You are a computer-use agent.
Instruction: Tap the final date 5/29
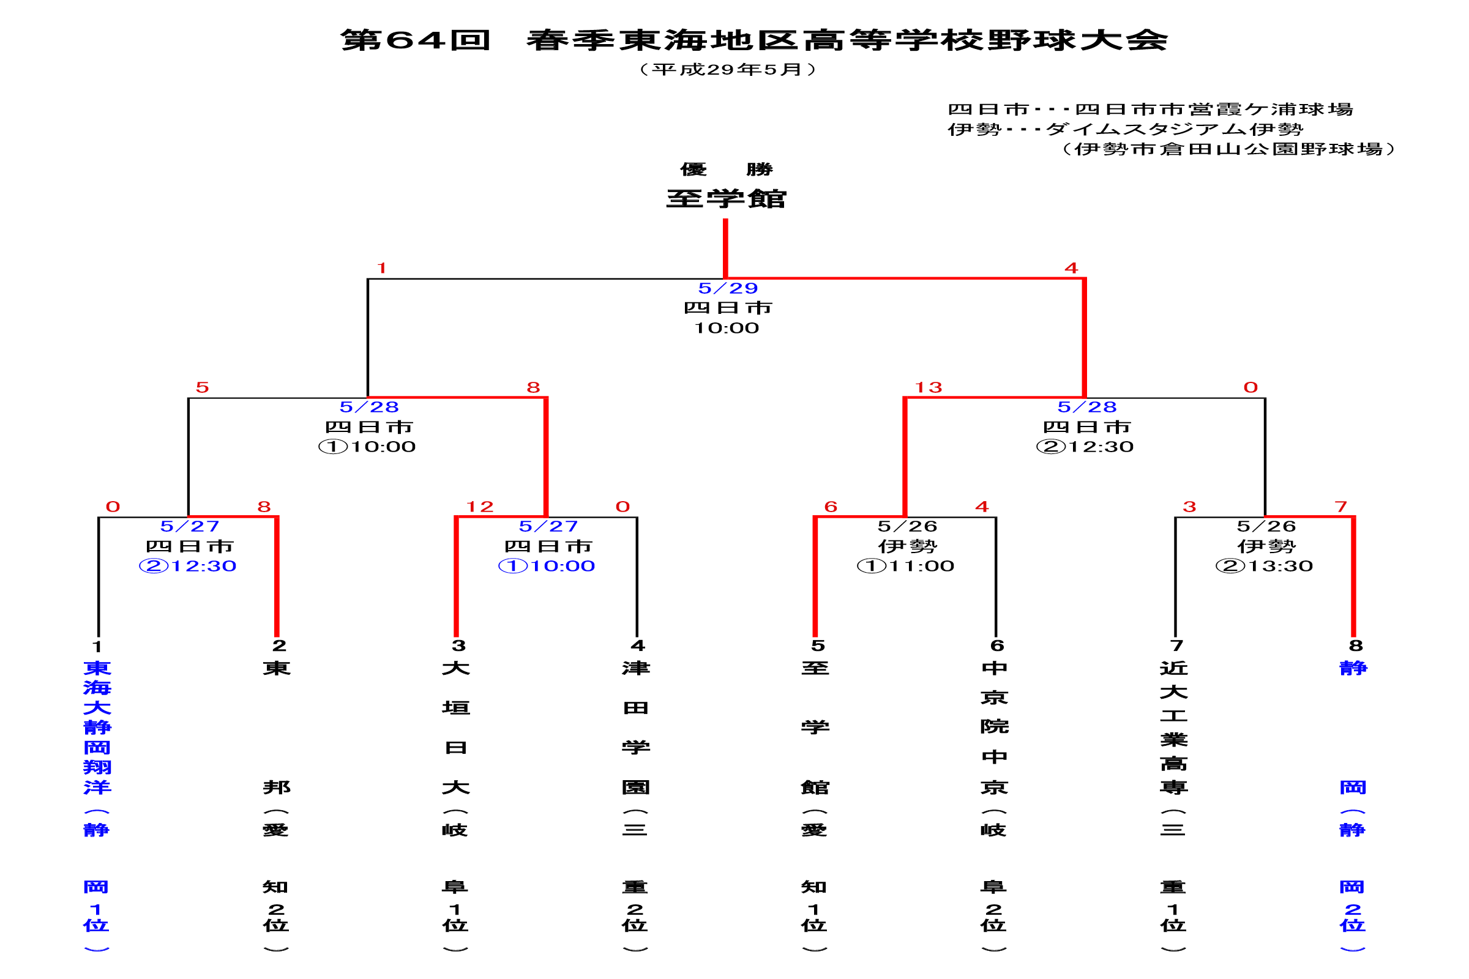(x=728, y=288)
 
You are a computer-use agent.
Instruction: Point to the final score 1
(x=381, y=269)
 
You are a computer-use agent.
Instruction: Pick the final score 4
(x=1071, y=269)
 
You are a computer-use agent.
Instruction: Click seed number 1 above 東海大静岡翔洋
(x=97, y=646)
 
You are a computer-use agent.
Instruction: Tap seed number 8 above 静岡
(x=1355, y=646)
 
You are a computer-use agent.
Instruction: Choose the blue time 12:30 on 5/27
(x=204, y=567)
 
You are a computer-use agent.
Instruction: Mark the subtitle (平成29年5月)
(x=728, y=69)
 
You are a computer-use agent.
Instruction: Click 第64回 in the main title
(x=416, y=40)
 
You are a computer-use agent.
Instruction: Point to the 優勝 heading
(x=727, y=169)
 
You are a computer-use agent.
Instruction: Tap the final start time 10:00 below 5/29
(x=727, y=329)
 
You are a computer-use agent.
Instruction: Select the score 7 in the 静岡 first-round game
(x=1340, y=507)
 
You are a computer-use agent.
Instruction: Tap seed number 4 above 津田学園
(x=638, y=646)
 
